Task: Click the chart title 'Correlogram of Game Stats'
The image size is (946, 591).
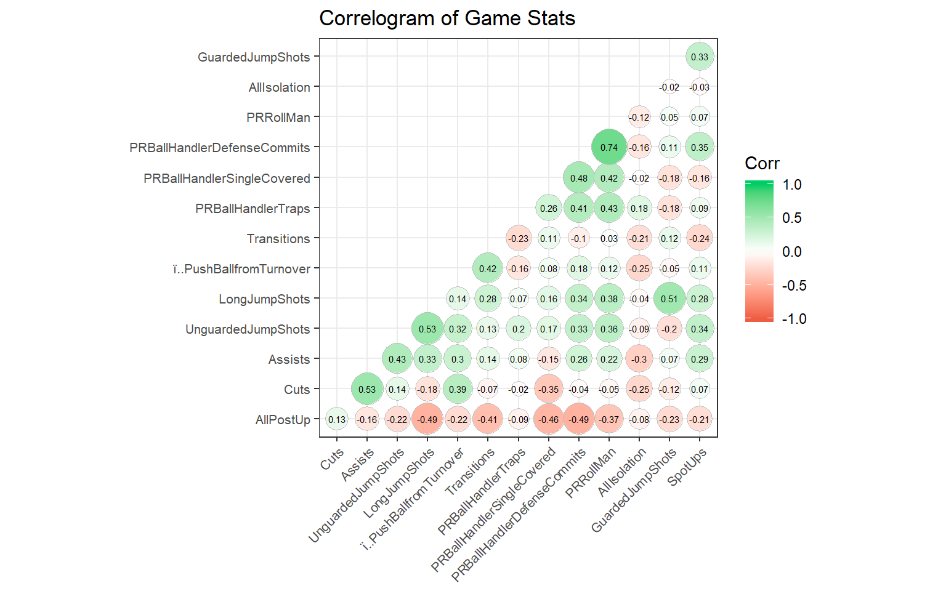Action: tap(447, 18)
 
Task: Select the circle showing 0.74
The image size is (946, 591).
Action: tap(608, 148)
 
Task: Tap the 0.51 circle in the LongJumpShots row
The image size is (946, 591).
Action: tap(669, 299)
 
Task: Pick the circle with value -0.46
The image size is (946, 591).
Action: tap(548, 420)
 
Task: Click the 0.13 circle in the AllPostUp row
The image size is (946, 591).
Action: tap(337, 420)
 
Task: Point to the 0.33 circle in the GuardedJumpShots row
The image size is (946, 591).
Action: tap(699, 57)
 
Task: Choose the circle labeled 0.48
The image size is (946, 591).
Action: tap(578, 179)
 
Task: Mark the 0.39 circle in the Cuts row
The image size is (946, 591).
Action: tap(458, 390)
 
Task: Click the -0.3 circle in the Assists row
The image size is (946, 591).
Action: tap(639, 360)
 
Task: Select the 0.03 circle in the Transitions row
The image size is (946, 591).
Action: tap(608, 239)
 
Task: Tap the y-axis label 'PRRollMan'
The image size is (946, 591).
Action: tap(278, 118)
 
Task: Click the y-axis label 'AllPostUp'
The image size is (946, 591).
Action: tap(283, 420)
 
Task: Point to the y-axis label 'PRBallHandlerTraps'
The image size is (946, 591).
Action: tap(253, 209)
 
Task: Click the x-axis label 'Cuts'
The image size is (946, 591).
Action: tap(332, 459)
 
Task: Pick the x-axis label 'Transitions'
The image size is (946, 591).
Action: tap(470, 472)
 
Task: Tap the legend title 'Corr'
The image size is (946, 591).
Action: tap(762, 163)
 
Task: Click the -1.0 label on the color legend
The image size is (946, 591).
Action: tap(794, 319)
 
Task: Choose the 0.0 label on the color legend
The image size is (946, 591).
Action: tap(791, 252)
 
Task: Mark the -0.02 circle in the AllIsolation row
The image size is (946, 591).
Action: tap(669, 87)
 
